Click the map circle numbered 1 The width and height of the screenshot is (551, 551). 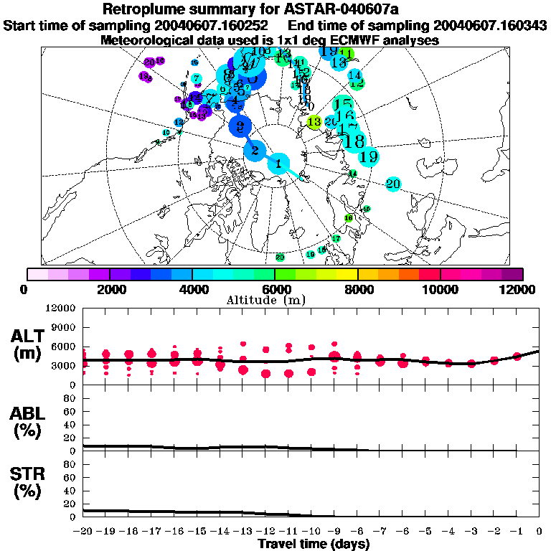pos(278,164)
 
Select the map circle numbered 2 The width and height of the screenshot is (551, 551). pos(254,151)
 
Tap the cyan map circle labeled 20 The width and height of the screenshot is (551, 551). pos(392,184)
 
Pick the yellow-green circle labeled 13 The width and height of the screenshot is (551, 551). pos(314,123)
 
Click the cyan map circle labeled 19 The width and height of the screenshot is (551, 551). pos(369,156)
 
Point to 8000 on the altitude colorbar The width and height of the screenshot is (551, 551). pos(357,288)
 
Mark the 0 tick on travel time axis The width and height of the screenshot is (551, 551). pos(538,532)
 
